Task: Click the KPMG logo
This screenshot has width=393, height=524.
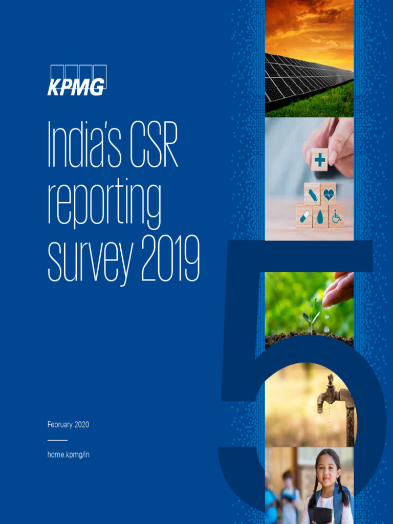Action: [x=77, y=80]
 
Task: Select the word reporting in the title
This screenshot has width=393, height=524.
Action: [x=104, y=204]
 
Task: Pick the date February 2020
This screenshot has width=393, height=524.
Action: [x=68, y=425]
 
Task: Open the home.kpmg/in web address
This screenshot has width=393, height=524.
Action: [x=68, y=454]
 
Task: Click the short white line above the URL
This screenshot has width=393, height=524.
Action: [x=57, y=440]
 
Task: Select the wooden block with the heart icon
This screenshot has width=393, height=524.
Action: [x=328, y=194]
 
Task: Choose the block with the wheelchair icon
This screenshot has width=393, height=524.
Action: [x=336, y=217]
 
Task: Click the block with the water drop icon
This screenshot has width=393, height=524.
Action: [x=320, y=217]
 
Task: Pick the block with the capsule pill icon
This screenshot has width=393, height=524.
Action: [x=304, y=217]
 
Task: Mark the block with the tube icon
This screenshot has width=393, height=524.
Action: [x=312, y=194]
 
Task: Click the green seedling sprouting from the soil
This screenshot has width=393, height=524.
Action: [x=311, y=315]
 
